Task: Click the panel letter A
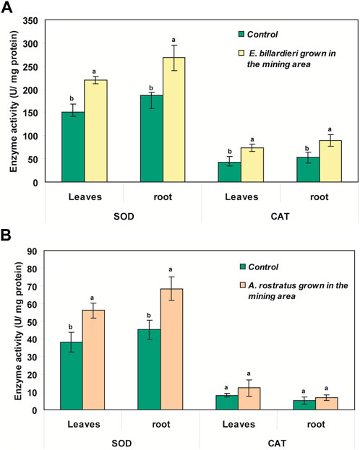pyautogui.click(x=7, y=7)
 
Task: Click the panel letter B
pyautogui.click(x=6, y=234)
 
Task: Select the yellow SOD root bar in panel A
pyautogui.click(x=173, y=120)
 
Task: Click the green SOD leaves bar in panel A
pyautogui.click(x=73, y=147)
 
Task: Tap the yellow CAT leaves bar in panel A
pyautogui.click(x=252, y=165)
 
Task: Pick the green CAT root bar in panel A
pyautogui.click(x=308, y=169)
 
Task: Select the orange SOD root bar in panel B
pyautogui.click(x=171, y=350)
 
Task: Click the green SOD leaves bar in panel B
pyautogui.click(x=72, y=376)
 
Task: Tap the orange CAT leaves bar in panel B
pyautogui.click(x=249, y=399)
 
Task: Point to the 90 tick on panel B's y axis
pyautogui.click(x=32, y=251)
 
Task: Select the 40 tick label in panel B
pyautogui.click(x=32, y=339)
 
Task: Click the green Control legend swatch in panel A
pyautogui.click(x=241, y=34)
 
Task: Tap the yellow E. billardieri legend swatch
pyautogui.click(x=241, y=53)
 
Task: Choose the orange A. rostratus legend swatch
pyautogui.click(x=243, y=285)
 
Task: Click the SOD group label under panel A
pyautogui.click(x=124, y=216)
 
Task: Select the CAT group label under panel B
pyautogui.click(x=277, y=443)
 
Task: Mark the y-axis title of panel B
pyautogui.click(x=18, y=331)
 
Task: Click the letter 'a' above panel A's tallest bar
pyautogui.click(x=173, y=40)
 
